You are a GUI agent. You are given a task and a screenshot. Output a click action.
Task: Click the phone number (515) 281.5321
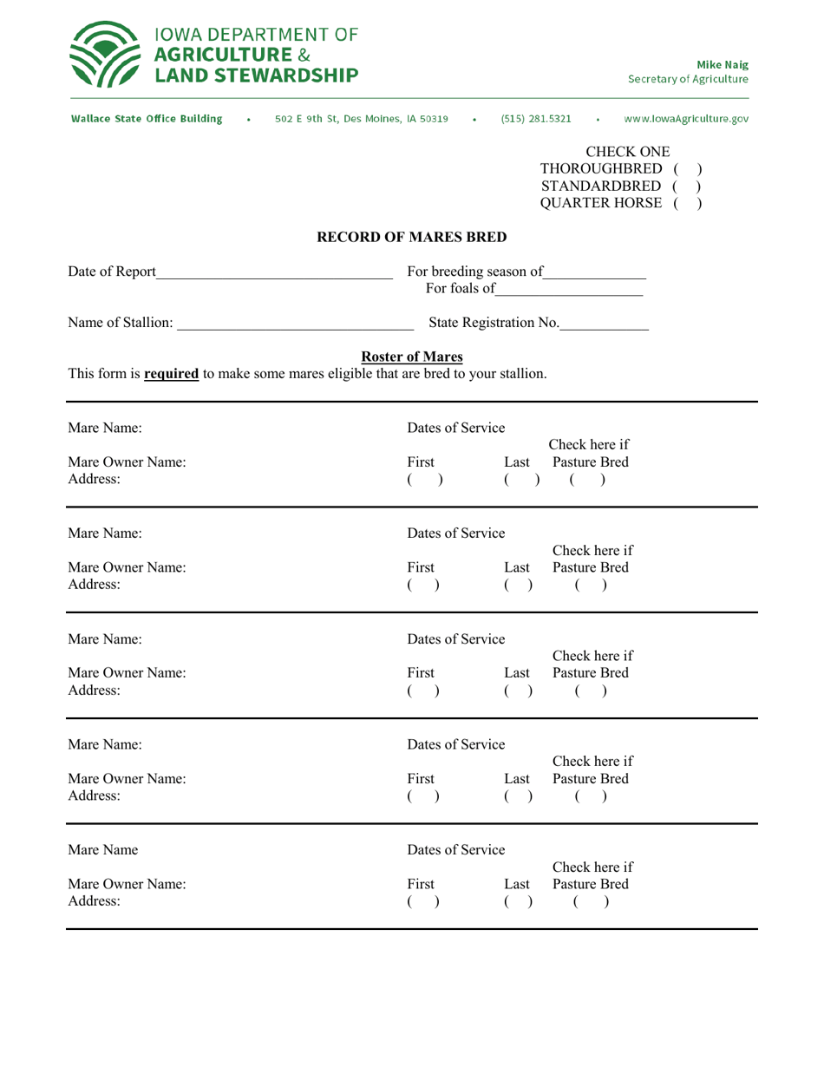tap(534, 118)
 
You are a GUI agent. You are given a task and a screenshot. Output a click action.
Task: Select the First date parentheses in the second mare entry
tap(425, 587)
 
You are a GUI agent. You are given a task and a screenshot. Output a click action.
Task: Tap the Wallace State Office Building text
tap(145, 118)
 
